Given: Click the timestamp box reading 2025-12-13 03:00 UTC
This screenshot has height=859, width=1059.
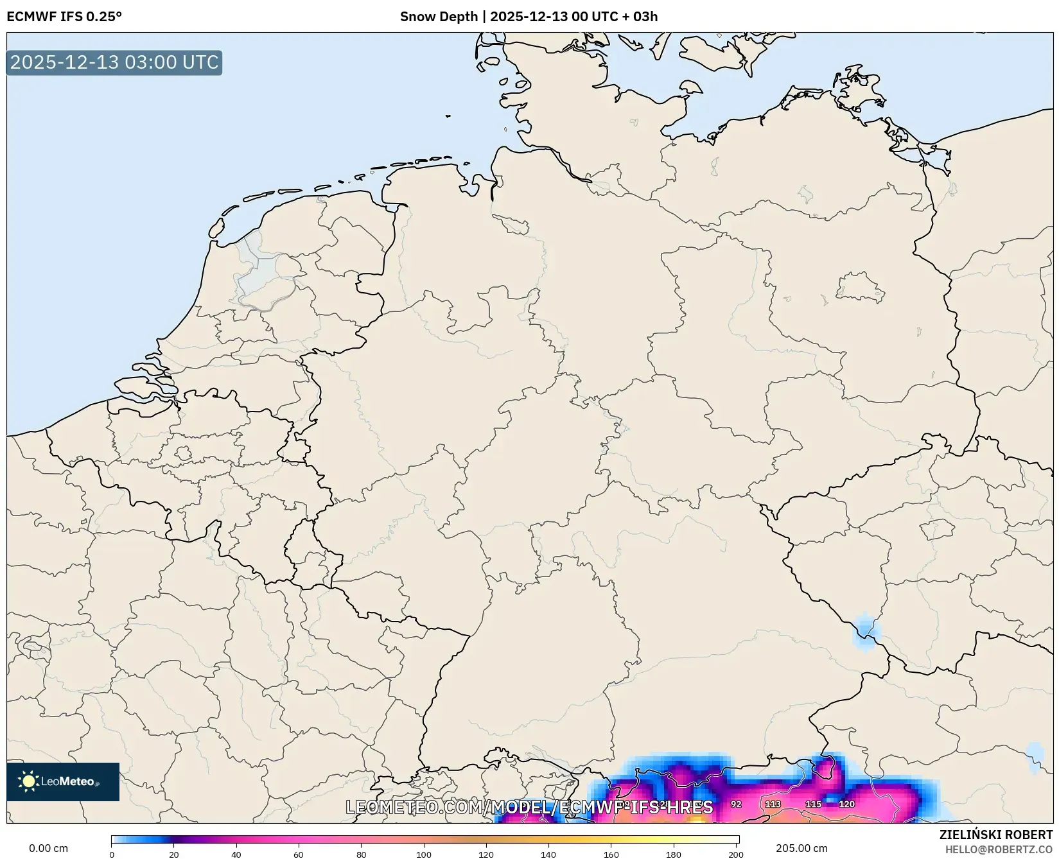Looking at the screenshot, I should click(x=114, y=62).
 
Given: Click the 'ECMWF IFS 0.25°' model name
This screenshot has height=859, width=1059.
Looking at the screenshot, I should click(x=64, y=17).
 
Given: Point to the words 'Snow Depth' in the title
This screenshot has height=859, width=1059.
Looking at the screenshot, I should click(x=439, y=17).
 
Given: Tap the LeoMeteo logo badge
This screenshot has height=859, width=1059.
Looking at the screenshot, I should click(x=63, y=781).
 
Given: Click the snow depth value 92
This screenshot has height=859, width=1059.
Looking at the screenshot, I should click(x=736, y=804).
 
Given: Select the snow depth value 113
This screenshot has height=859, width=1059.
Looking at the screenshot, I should click(x=773, y=804).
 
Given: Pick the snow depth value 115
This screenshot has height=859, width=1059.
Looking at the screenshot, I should click(x=813, y=804).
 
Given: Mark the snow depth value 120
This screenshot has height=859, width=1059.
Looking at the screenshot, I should click(x=846, y=804).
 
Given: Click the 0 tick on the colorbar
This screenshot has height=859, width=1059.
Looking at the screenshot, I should click(x=112, y=854).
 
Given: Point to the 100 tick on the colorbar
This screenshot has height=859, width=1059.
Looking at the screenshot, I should click(x=424, y=854).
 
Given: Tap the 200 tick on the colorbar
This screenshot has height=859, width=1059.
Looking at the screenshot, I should click(x=736, y=854).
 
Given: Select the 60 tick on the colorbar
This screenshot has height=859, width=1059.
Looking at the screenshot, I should click(x=299, y=854).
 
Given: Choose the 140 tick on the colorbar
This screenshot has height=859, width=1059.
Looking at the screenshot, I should click(x=548, y=854).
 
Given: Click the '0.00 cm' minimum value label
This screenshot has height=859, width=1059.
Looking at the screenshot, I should click(x=49, y=848).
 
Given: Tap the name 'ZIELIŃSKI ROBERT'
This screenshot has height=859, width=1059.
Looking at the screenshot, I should click(x=996, y=835).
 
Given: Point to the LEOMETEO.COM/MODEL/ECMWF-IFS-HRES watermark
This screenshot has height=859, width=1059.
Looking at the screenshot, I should click(x=529, y=807).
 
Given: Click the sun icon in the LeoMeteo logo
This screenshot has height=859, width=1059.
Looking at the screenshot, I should click(x=28, y=781).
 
